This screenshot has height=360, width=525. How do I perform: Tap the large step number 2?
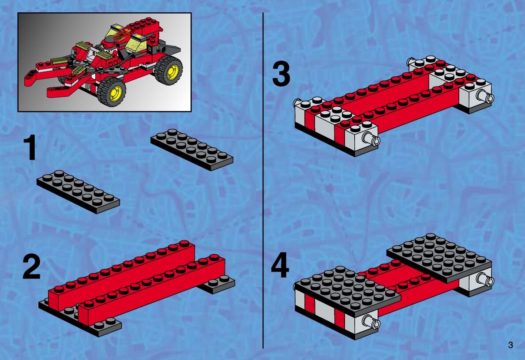tap(31, 267)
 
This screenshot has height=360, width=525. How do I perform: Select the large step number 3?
tap(281, 75)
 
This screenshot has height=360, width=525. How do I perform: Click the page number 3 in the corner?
tap(510, 345)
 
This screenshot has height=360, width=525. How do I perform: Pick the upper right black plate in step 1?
tap(191, 150)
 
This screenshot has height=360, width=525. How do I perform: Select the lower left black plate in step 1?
tap(78, 191)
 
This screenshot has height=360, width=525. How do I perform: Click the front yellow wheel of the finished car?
tap(112, 91)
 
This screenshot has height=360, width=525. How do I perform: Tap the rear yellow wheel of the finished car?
tap(169, 70)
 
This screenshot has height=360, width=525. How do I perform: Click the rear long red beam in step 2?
tap(121, 275)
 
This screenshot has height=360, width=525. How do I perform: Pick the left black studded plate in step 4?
tap(347, 291)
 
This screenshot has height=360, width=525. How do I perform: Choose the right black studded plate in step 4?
tap(439, 258)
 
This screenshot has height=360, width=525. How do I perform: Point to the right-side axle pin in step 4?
tap(485, 279)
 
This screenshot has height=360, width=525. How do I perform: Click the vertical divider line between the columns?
tap(263, 180)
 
